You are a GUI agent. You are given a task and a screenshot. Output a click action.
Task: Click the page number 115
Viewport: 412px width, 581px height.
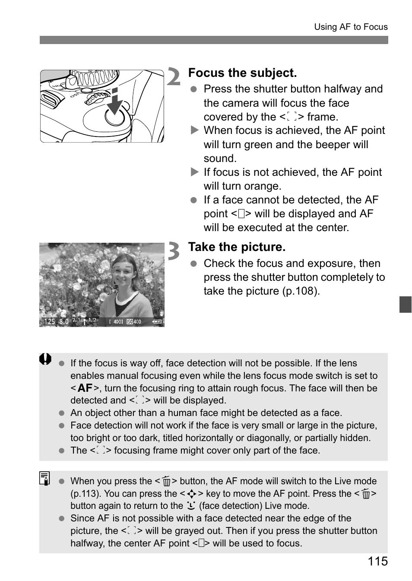pyautogui.click(x=378, y=561)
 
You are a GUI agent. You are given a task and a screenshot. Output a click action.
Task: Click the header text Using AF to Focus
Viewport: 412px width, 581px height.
pyautogui.click(x=351, y=27)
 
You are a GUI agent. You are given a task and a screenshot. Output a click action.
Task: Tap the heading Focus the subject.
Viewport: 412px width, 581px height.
pyautogui.click(x=242, y=73)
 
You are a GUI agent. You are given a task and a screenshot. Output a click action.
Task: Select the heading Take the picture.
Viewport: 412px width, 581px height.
pyautogui.click(x=237, y=247)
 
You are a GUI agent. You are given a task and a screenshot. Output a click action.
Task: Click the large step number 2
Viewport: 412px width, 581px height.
pyautogui.click(x=174, y=77)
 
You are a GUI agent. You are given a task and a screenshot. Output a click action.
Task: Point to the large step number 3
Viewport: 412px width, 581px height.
pyautogui.click(x=174, y=251)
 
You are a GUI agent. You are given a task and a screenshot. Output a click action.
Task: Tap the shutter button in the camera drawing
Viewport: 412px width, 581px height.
pyautogui.click(x=115, y=116)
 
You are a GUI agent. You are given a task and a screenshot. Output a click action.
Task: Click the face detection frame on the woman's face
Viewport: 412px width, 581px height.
pyautogui.click(x=122, y=275)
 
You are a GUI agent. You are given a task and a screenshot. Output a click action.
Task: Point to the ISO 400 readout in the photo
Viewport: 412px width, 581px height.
pyautogui.click(x=134, y=322)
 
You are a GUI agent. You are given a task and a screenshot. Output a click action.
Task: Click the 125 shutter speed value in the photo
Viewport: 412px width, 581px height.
pyautogui.click(x=50, y=322)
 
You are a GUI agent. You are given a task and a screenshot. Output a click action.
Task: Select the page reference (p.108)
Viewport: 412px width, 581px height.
pyautogui.click(x=301, y=291)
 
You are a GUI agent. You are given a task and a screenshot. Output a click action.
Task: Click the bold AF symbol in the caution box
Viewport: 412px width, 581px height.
pyautogui.click(x=85, y=388)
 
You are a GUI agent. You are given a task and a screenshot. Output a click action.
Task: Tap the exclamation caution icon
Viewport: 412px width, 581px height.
pyautogui.click(x=45, y=359)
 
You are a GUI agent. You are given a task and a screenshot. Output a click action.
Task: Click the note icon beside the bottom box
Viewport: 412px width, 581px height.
pyautogui.click(x=44, y=478)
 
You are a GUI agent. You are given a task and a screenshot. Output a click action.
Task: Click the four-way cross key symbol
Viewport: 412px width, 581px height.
pyautogui.click(x=192, y=494)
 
